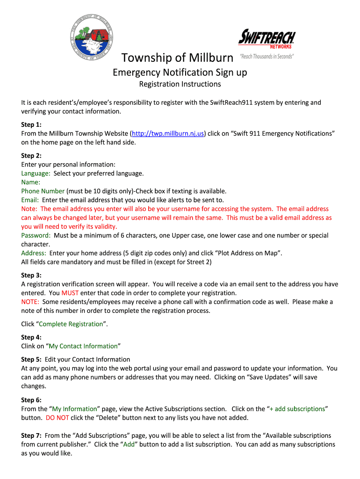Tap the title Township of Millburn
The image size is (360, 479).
(x=177, y=58)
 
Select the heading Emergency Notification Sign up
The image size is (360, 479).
(x=180, y=73)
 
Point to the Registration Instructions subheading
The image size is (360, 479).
(x=180, y=84)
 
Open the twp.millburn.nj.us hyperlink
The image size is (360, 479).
(x=168, y=134)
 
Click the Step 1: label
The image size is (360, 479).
(x=31, y=125)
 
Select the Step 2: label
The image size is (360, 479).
(x=31, y=156)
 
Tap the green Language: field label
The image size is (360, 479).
(x=36, y=174)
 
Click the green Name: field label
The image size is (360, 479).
(x=31, y=182)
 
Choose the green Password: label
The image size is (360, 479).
(x=36, y=236)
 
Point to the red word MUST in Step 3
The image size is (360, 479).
(x=70, y=293)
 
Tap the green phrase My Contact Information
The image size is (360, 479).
(x=83, y=346)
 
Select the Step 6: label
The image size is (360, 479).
(x=31, y=400)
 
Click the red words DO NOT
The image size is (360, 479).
(x=57, y=418)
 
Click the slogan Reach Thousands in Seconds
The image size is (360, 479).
(x=266, y=57)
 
